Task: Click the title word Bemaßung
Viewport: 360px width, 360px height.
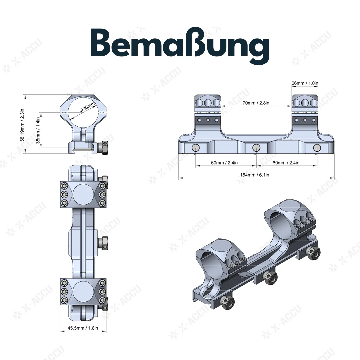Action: coord(180,46)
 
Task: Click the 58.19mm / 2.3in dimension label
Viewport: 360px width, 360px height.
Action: coord(23,124)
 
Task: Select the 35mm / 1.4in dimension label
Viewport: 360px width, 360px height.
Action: coord(38,130)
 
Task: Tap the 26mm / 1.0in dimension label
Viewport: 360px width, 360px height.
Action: coord(305,83)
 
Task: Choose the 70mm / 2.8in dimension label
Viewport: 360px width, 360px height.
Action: coord(256,103)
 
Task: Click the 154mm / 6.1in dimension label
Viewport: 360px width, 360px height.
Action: coord(256,175)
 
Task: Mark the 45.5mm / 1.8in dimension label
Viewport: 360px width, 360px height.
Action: coord(83,328)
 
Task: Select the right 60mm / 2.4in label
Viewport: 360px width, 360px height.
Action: coord(286,163)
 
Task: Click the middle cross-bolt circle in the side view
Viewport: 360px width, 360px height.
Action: coord(256,147)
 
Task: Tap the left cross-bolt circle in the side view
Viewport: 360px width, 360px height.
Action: coord(196,148)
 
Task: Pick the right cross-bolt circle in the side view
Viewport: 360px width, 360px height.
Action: coord(317,147)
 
